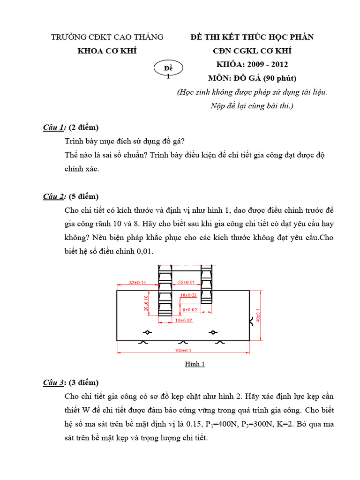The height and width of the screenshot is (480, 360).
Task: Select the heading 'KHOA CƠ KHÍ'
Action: pyautogui.click(x=107, y=51)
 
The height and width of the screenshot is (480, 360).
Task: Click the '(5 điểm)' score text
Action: pyautogui.click(x=84, y=196)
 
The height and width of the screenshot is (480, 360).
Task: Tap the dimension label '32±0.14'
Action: pyautogui.click(x=137, y=283)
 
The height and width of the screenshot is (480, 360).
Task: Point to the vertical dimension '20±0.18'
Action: pyautogui.click(x=147, y=303)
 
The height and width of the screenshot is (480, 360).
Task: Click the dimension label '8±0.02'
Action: pyautogui.click(x=189, y=310)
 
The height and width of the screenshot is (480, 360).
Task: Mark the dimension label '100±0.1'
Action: pyautogui.click(x=183, y=350)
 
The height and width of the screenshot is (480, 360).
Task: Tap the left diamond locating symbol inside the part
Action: pyautogui.click(x=147, y=332)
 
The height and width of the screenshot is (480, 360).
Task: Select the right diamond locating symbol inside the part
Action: pyautogui.click(x=214, y=332)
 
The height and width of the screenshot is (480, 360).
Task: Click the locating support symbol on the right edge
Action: pyautogui.click(x=251, y=321)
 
